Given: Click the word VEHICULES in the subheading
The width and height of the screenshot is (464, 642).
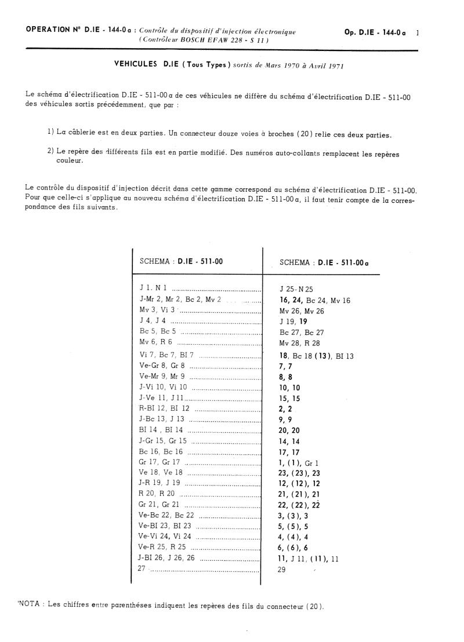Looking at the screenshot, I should click(136, 65).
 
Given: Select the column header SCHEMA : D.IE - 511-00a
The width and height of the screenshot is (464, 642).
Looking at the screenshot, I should click(324, 262).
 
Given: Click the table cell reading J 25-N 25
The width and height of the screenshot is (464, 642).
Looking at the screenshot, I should click(296, 289).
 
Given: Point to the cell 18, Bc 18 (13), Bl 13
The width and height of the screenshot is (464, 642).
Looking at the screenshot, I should click(316, 356).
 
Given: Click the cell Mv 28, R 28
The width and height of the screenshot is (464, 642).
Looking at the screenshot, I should click(300, 343).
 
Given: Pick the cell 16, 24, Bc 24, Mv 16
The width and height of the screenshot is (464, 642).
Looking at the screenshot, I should click(315, 300).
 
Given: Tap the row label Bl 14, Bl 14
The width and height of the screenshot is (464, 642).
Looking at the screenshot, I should click(161, 429).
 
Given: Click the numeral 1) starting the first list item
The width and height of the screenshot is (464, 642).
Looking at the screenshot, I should click(51, 134).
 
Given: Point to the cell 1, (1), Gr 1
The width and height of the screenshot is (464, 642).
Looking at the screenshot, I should click(299, 462).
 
